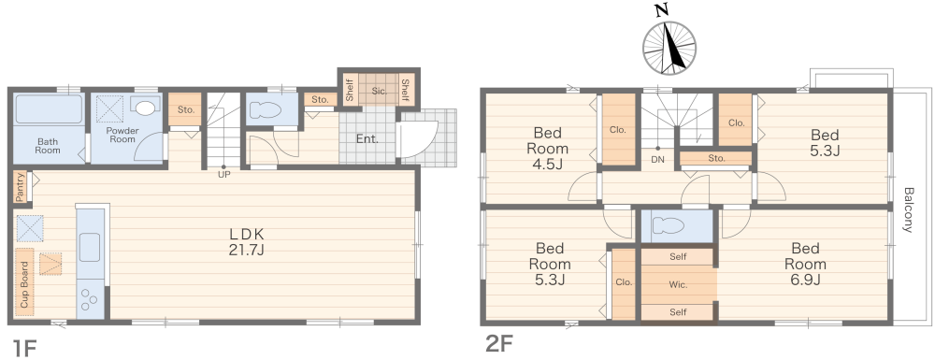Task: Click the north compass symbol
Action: (669, 48)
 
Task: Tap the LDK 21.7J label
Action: (246, 242)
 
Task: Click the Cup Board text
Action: (24, 284)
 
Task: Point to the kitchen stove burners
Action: (90, 298)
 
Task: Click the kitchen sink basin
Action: (90, 248)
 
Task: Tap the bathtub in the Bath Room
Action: (49, 108)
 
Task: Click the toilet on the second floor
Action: (672, 225)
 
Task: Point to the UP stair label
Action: (224, 175)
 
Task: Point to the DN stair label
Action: (658, 159)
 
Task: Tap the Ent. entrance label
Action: (367, 139)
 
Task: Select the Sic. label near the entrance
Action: (380, 92)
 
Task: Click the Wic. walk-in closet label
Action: (678, 284)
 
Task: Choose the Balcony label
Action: (908, 209)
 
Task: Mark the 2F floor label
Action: (499, 344)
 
